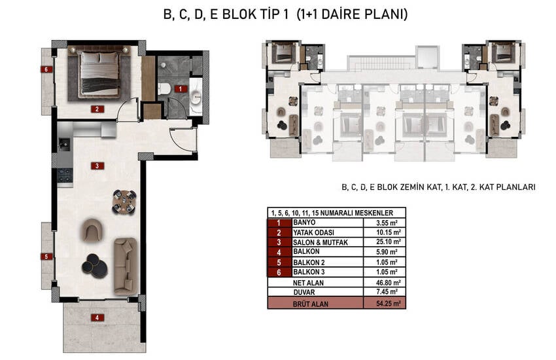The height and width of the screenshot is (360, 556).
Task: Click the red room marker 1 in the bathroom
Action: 181,88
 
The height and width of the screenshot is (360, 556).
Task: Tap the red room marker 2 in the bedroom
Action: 97,109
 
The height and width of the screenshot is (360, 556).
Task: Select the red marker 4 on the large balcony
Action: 97,317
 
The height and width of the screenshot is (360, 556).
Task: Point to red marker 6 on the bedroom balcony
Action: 46,69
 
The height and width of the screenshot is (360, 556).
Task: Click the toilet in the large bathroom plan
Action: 164,88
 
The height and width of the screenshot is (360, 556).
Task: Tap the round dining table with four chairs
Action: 124,202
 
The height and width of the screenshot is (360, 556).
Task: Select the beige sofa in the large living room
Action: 126,266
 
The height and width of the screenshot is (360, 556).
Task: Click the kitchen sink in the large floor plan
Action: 64,143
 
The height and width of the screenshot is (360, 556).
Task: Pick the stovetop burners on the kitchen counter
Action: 65,175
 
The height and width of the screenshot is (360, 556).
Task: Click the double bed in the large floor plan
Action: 99,74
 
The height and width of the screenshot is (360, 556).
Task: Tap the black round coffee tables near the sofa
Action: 94,264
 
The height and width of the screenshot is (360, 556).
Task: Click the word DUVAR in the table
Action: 304,293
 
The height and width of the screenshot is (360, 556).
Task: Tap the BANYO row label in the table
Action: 304,223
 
